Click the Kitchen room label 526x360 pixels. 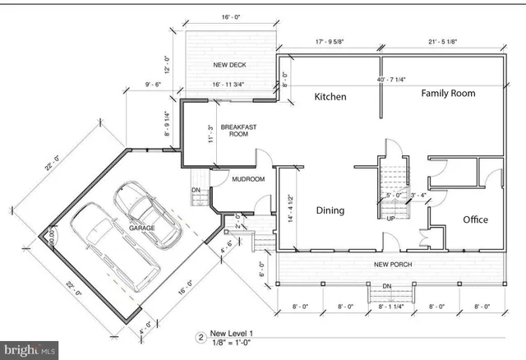tap(331, 97)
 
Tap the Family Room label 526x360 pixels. tap(448, 94)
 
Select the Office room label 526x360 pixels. tap(475, 219)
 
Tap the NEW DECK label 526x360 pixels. tap(231, 65)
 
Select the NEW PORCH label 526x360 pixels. tap(392, 264)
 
